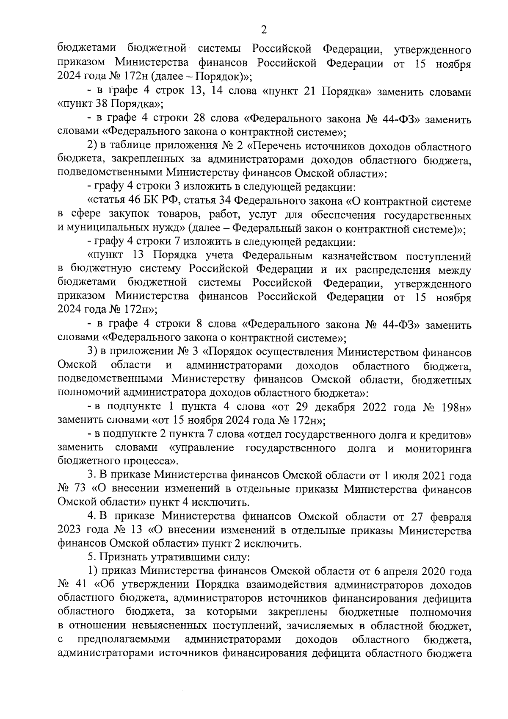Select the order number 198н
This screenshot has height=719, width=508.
pos(458,407)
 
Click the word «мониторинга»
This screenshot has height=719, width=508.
pos(438,448)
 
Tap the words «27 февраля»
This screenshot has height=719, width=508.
pos(440,516)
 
